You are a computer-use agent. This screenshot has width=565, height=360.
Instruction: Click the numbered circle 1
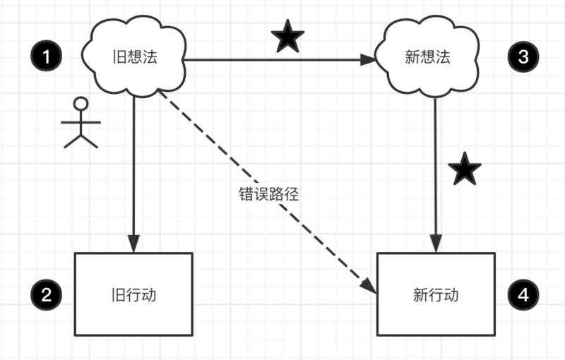tap(47, 57)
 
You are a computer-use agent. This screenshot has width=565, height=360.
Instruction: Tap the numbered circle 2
tap(47, 294)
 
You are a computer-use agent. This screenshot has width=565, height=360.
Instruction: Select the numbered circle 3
tap(523, 57)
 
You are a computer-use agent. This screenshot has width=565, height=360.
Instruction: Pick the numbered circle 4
tap(523, 294)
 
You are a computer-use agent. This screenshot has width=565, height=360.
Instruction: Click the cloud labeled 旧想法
tap(133, 57)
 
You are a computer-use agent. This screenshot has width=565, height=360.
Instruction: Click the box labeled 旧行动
tap(133, 294)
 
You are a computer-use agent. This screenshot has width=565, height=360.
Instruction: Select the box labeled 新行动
tap(436, 294)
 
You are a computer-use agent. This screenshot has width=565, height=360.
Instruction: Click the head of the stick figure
tap(81, 104)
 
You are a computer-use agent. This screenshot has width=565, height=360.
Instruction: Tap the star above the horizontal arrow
tap(287, 37)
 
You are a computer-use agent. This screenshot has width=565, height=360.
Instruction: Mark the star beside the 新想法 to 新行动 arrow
tap(465, 170)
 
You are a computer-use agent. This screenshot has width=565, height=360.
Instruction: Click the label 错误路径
tap(269, 194)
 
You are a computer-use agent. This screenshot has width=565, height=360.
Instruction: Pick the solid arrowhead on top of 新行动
tap(436, 244)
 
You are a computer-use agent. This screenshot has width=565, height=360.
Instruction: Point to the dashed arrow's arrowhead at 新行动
tap(368, 285)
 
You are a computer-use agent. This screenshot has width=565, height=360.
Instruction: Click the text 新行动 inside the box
tap(436, 294)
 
